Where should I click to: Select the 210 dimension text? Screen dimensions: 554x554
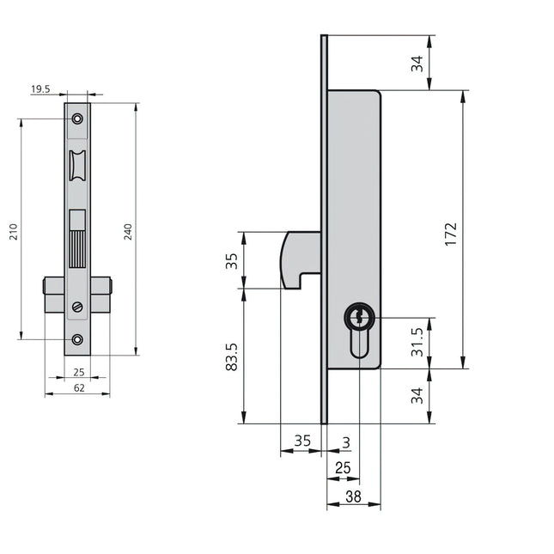(14, 232)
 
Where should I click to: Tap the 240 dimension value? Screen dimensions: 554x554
(128, 232)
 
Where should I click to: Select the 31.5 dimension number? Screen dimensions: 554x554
(417, 342)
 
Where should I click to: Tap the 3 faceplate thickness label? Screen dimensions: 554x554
(345, 441)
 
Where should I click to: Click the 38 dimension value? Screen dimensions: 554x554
(352, 496)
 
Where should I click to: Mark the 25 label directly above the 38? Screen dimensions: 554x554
(343, 468)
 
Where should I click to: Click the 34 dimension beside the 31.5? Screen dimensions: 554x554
(417, 396)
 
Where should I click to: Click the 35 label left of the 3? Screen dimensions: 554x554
(302, 441)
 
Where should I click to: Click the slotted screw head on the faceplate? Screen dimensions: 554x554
(77, 307)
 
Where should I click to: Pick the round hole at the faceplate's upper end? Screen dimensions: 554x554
(77, 119)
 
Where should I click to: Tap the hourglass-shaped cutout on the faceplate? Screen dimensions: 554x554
(77, 165)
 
